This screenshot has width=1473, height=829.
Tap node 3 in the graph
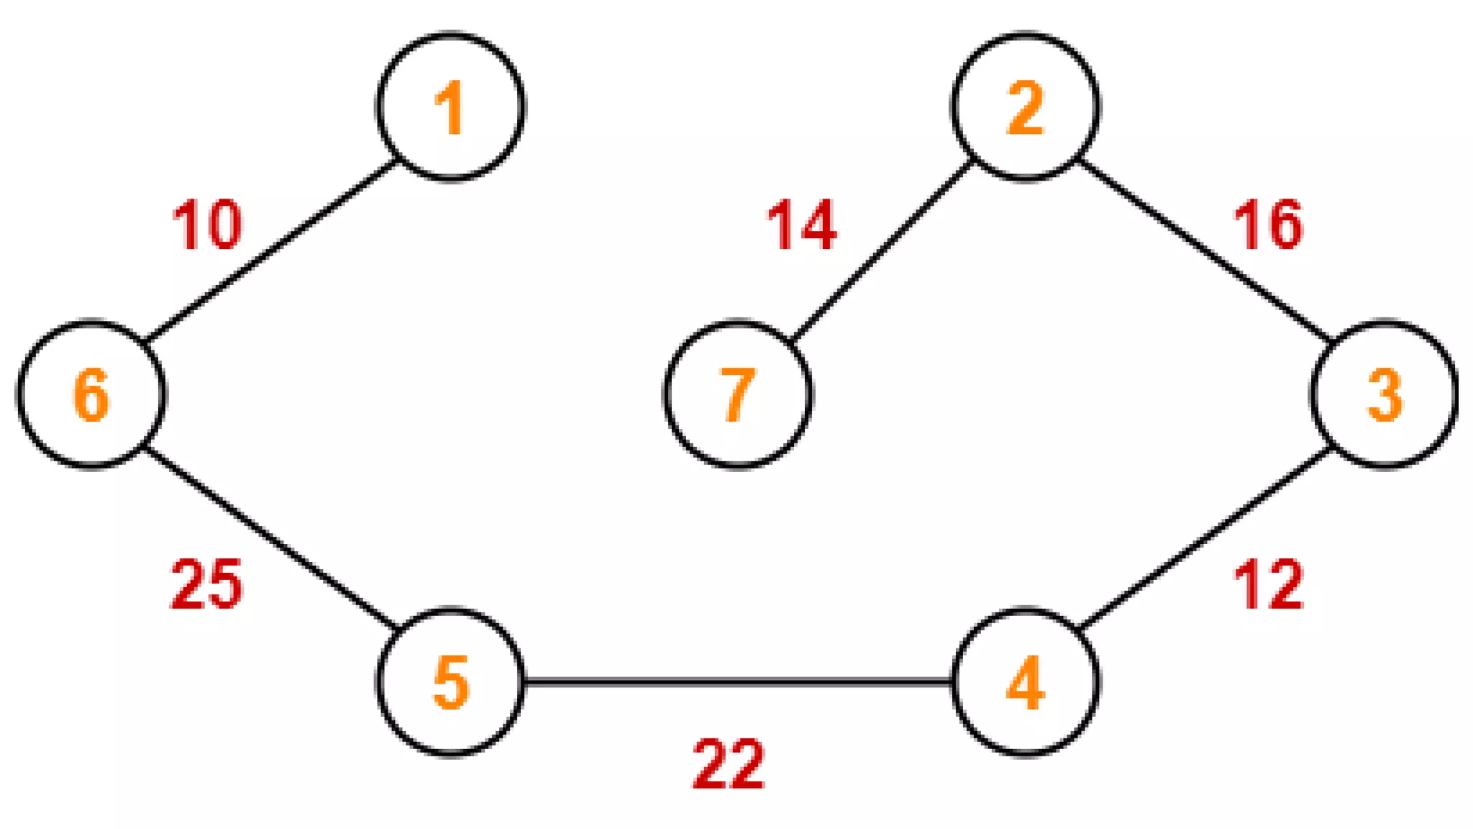tap(1384, 394)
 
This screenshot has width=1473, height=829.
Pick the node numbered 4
tap(1025, 681)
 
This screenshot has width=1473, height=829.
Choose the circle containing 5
tap(450, 681)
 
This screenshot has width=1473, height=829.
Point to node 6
tap(91, 394)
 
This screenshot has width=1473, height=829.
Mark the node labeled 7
tap(738, 394)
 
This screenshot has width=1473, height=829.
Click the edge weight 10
tap(207, 225)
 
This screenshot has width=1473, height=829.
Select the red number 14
tap(801, 225)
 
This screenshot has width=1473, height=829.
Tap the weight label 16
tap(1267, 225)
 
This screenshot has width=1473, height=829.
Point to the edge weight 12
tap(1267, 584)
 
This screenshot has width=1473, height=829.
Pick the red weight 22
tap(728, 764)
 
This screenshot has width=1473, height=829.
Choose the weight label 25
tap(207, 584)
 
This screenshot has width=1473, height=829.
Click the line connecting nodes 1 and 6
tap(271, 250)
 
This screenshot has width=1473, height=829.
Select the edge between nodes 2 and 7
tap(882, 250)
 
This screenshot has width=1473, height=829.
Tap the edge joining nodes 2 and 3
tap(1205, 250)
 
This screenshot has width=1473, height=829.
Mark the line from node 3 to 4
tap(1205, 538)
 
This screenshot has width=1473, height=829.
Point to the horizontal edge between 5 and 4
tap(738, 681)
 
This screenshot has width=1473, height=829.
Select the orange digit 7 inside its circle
tap(738, 394)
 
